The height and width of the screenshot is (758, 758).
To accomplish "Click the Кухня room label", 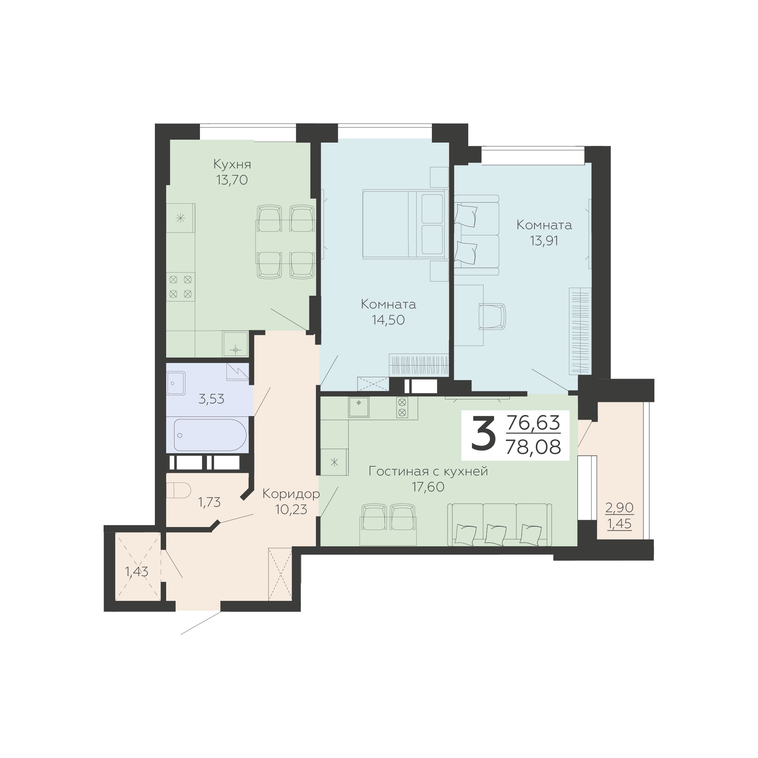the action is pos(232,164).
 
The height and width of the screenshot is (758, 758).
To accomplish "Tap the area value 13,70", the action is pos(232,180).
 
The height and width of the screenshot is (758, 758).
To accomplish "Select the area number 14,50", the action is pos(388,320).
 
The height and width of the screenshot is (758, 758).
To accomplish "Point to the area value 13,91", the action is pos(544,241).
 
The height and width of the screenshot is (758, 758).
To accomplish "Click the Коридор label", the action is pos(291,494).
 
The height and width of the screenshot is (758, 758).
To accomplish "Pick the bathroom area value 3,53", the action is pos(212,399).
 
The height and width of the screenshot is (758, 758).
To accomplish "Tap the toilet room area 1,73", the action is pos(209,502).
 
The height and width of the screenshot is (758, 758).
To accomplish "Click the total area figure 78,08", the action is pos(533,447).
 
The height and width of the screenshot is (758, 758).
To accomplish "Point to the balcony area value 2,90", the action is pos(619,508).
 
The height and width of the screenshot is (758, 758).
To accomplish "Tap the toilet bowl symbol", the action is pos(179,491).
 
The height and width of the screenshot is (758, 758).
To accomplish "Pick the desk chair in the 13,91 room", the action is pos(492,316).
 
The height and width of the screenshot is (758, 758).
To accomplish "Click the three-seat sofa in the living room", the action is pos(500,524).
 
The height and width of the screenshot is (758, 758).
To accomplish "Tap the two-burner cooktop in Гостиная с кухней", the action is pos(402,407).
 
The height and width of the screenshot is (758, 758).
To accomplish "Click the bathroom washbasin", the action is pos(176,383).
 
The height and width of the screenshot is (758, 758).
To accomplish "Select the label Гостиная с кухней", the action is pos(428,471).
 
